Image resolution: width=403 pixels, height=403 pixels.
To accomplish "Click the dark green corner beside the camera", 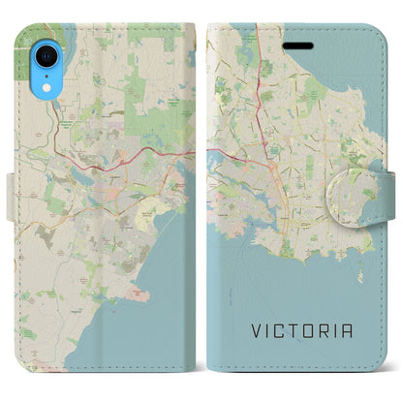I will pos(22,58).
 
